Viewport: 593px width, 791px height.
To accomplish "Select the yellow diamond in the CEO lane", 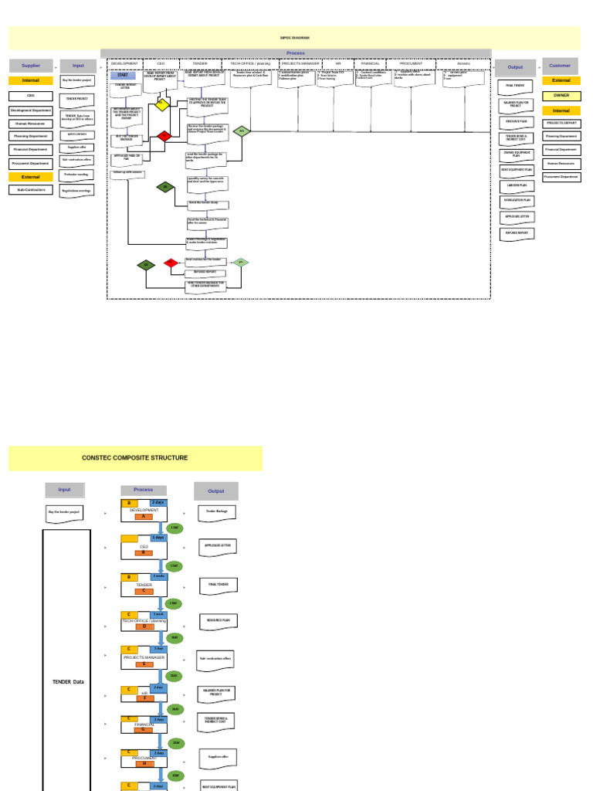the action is tap(161, 104).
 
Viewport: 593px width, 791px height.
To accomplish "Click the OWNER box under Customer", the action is tap(561, 95).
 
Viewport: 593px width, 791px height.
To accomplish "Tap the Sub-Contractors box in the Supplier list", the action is tap(31, 189).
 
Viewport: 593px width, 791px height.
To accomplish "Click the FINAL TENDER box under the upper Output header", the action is tap(516, 87).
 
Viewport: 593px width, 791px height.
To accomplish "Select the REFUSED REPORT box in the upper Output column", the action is tap(517, 233).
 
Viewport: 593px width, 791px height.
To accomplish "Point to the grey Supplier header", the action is tap(31, 66).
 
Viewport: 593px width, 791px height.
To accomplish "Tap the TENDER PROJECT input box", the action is tap(77, 99).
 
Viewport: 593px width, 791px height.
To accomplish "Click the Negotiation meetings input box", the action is tap(77, 190).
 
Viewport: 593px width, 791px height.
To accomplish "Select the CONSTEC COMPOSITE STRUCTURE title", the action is tap(135, 458).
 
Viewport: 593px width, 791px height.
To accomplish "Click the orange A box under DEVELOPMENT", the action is tap(143, 516).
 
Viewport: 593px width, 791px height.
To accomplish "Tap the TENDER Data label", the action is tap(67, 682).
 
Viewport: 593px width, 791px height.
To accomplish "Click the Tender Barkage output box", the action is tap(216, 511).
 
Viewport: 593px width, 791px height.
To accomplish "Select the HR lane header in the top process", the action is tap(337, 63).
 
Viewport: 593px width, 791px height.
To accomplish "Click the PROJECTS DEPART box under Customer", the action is tap(561, 124).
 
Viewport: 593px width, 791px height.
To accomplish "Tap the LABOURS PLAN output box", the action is tap(517, 185).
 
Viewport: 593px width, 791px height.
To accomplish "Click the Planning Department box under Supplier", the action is tap(31, 136).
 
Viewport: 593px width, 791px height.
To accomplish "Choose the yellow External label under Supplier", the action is tap(31, 177).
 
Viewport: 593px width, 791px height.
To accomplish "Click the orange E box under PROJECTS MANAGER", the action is tap(143, 663).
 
